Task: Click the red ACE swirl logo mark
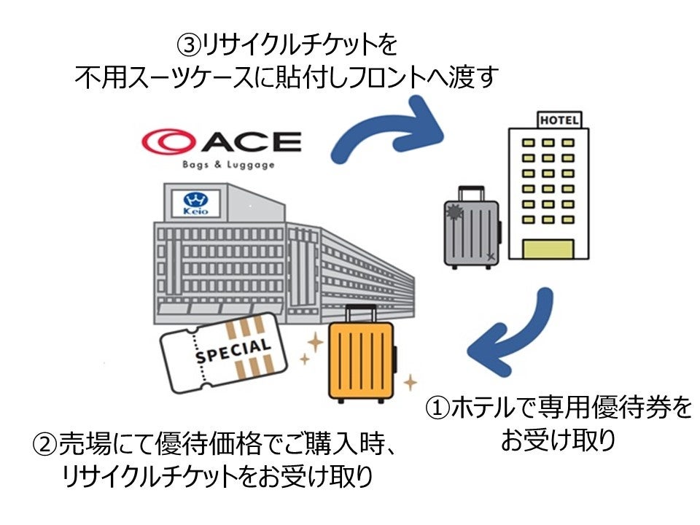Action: click(168, 141)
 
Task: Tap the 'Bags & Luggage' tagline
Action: click(228, 165)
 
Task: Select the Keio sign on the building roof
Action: click(195, 203)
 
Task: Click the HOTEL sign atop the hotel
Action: click(559, 120)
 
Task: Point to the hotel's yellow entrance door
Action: click(548, 249)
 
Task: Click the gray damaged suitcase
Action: click(472, 227)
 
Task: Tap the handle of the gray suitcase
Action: click(472, 193)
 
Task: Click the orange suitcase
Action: click(362, 354)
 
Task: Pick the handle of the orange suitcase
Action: click(361, 314)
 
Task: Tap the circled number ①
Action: click(437, 408)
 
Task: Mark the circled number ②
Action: click(45, 444)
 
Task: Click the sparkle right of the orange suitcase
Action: click(411, 382)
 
